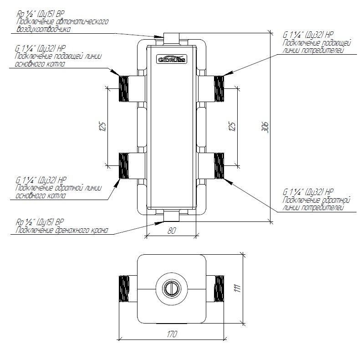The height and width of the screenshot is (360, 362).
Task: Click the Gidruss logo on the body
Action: point(172,59)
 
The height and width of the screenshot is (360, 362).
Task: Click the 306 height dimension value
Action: point(265,127)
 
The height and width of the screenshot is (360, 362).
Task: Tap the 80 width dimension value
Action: point(171,231)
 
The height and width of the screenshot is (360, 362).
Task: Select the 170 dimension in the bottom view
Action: point(172,334)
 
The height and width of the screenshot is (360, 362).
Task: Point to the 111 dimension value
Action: point(238,288)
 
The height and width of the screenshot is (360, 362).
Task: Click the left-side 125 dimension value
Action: point(103,126)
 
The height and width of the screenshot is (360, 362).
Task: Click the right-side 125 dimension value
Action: point(232,126)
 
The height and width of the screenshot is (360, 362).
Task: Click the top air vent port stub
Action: point(171,39)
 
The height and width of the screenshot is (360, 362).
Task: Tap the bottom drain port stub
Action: point(171,216)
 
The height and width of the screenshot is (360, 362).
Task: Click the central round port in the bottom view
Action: point(171,288)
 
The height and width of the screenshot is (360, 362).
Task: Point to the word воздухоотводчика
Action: point(44,29)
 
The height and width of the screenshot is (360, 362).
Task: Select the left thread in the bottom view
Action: point(124,288)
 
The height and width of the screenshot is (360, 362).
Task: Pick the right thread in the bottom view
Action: point(219,288)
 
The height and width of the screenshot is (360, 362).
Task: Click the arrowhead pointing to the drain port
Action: point(159,223)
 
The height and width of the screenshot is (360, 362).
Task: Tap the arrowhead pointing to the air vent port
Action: point(159,36)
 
